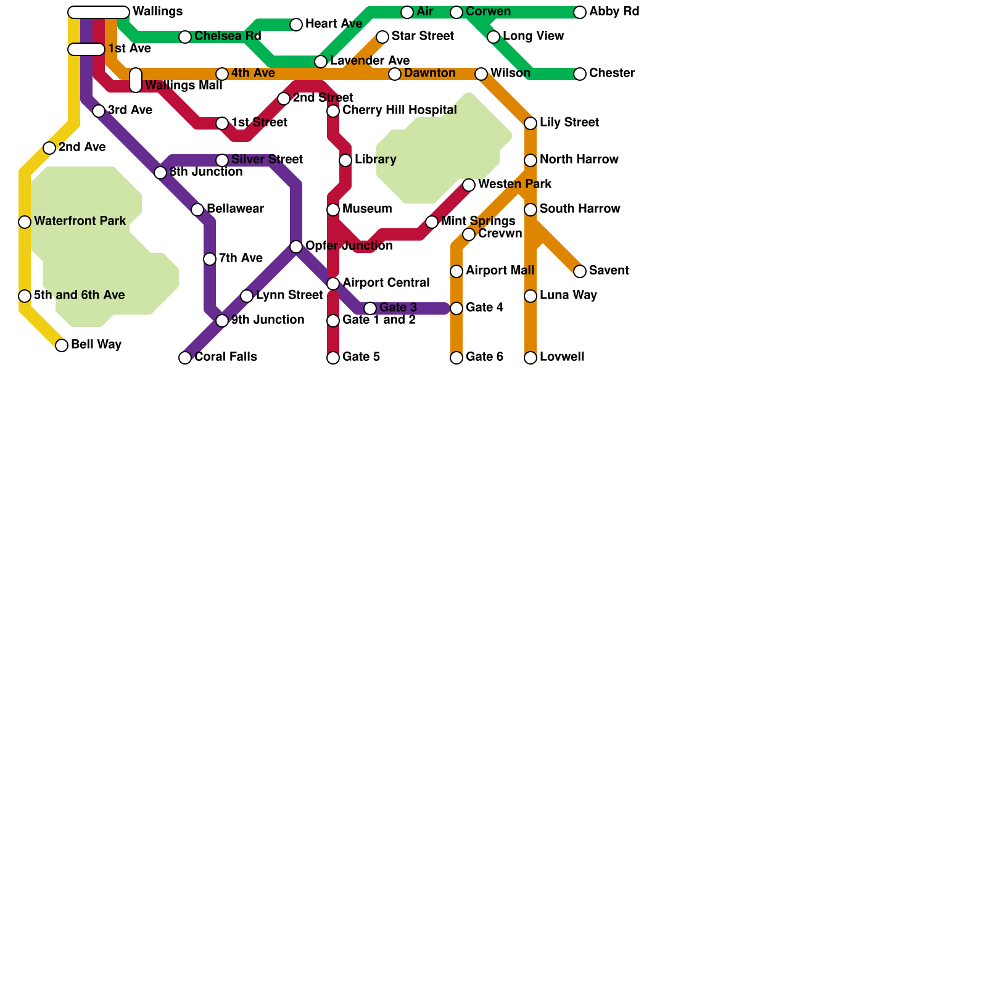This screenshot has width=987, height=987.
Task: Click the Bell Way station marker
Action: (x=62, y=345)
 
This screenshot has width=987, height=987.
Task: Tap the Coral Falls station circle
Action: (x=185, y=358)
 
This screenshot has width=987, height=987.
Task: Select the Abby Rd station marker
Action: (x=580, y=12)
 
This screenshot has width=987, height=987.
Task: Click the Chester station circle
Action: (x=580, y=74)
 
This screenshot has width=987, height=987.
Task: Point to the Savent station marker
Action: (x=580, y=271)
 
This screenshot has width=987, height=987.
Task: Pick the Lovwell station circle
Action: (x=531, y=358)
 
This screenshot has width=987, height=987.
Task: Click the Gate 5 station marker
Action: (x=333, y=358)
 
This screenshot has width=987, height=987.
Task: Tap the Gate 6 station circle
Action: (x=456, y=358)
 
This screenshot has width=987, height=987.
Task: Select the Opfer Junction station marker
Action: (x=296, y=247)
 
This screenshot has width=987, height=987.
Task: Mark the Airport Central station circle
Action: (x=333, y=284)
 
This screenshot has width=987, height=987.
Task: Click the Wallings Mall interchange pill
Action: (x=136, y=80)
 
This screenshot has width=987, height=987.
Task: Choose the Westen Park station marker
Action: (x=469, y=185)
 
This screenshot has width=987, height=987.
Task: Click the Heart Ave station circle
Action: (x=296, y=25)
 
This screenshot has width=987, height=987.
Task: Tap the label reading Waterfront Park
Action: (x=80, y=221)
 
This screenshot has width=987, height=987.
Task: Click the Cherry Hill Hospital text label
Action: (x=399, y=110)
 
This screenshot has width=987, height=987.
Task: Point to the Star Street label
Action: (x=423, y=36)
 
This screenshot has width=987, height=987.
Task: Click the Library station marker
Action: (x=345, y=160)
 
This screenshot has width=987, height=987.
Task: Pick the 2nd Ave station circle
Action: (x=49, y=148)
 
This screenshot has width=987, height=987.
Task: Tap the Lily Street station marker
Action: (x=531, y=123)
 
